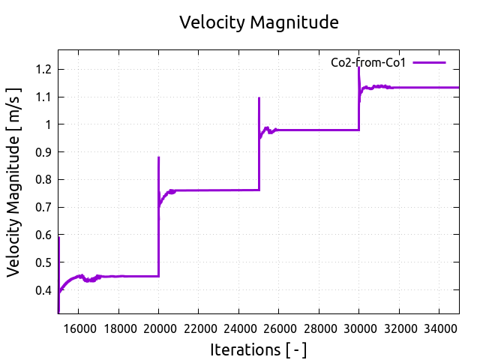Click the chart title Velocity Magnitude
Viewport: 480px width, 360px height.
(x=259, y=22)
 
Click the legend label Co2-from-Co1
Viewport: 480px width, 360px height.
(x=368, y=63)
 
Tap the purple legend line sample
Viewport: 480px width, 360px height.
(x=429, y=63)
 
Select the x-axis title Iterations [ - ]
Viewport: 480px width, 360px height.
(x=258, y=349)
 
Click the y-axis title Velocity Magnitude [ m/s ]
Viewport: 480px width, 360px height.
(x=15, y=182)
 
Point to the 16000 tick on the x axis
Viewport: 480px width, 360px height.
(x=78, y=327)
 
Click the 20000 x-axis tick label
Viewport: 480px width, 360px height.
(x=158, y=327)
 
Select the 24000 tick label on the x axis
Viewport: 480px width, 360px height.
(x=238, y=327)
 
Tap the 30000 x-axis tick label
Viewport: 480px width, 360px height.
(x=358, y=327)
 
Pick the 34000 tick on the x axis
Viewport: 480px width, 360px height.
(x=439, y=327)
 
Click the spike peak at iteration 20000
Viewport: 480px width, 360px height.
(x=158, y=157)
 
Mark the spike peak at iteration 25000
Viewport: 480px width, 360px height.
(x=259, y=98)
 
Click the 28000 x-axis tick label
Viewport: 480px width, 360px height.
(x=319, y=327)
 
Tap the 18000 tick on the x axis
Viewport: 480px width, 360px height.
(x=118, y=327)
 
